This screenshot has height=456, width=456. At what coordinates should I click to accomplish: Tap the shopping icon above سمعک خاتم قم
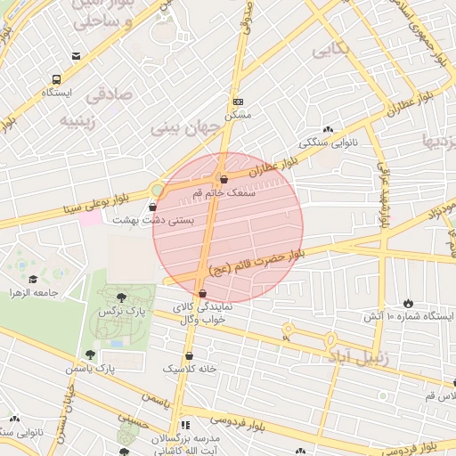click(x=224, y=178)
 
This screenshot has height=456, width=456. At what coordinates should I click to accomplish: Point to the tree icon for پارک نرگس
click(x=120, y=297)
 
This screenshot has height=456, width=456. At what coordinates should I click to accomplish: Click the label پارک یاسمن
click(x=89, y=367)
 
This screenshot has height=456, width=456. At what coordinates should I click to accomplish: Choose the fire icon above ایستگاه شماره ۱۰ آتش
click(x=409, y=303)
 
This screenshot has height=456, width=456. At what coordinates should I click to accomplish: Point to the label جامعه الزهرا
click(x=34, y=292)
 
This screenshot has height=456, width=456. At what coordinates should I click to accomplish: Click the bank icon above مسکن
click(x=238, y=102)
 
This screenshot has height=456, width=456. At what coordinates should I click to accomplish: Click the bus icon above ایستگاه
click(x=57, y=78)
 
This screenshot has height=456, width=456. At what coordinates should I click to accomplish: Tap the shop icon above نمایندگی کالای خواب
click(x=203, y=293)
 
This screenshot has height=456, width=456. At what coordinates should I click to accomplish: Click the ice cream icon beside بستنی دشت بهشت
click(x=152, y=207)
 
